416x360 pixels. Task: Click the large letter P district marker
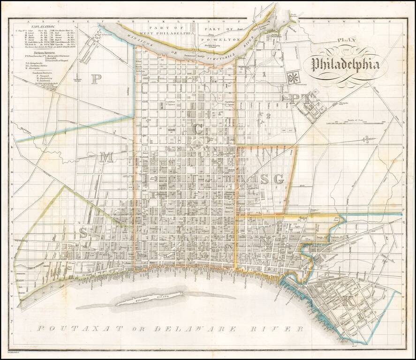coord(96,79)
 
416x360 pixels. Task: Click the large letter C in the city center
coord(199,127)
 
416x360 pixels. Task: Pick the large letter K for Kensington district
coord(348,302)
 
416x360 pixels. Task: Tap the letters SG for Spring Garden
coord(272,179)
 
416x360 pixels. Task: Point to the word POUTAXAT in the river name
coord(75,329)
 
